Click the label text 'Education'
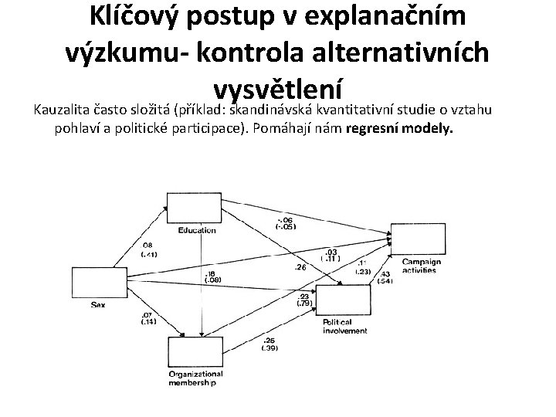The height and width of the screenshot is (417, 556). [x=197, y=231]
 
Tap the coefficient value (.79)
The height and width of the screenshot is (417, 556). [x=303, y=303]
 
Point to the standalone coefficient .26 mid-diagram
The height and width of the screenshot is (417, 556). [x=300, y=267]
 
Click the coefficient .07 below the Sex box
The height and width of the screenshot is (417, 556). [x=145, y=314]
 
